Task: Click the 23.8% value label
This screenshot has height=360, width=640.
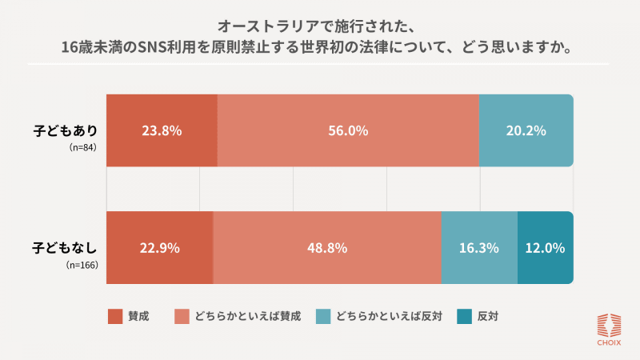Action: point(162,131)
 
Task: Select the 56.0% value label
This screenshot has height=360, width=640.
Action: point(348,131)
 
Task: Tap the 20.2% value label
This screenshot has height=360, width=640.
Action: point(526,131)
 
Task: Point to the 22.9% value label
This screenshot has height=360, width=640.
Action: point(159,248)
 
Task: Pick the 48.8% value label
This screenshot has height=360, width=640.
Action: point(326,248)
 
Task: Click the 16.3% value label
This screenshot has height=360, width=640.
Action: point(479,248)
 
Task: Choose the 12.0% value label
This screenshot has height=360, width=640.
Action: point(545,248)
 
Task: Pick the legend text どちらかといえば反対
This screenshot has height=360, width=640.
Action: point(390,316)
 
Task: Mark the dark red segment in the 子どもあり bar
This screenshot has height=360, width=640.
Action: point(162,112)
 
